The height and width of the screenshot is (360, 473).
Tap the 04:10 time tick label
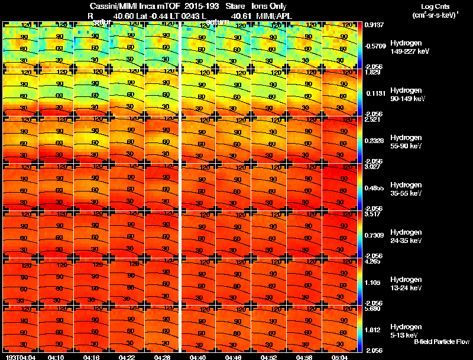[x=56, y=357]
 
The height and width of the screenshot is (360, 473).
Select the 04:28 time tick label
[x=162, y=357]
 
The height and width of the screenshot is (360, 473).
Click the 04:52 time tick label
[x=269, y=357]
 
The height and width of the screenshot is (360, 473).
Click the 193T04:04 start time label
[x=19, y=357]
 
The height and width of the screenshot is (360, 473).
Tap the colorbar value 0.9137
[x=373, y=25]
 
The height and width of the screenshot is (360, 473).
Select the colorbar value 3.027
[x=372, y=167]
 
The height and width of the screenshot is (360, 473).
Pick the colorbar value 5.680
[x=372, y=309]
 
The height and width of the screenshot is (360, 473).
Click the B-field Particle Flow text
[x=441, y=342]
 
